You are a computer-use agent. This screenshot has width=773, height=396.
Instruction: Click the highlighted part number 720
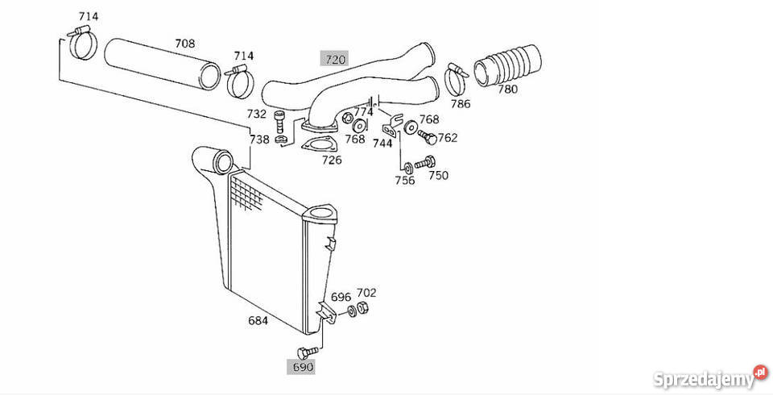pos(334,59)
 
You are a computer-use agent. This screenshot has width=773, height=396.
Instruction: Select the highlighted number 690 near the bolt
pos(302,368)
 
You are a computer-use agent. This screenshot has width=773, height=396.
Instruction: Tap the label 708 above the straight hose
pos(186,43)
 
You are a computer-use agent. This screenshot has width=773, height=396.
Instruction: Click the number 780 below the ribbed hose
pos(507,90)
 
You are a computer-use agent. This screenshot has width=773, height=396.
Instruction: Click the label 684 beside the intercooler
pos(258,320)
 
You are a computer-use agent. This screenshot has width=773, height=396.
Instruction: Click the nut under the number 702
pos(363,309)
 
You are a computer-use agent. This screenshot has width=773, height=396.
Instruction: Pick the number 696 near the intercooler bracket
pos(341,296)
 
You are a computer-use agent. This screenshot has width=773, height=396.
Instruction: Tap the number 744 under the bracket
pos(382,143)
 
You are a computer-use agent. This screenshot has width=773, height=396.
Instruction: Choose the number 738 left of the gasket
pos(258,140)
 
